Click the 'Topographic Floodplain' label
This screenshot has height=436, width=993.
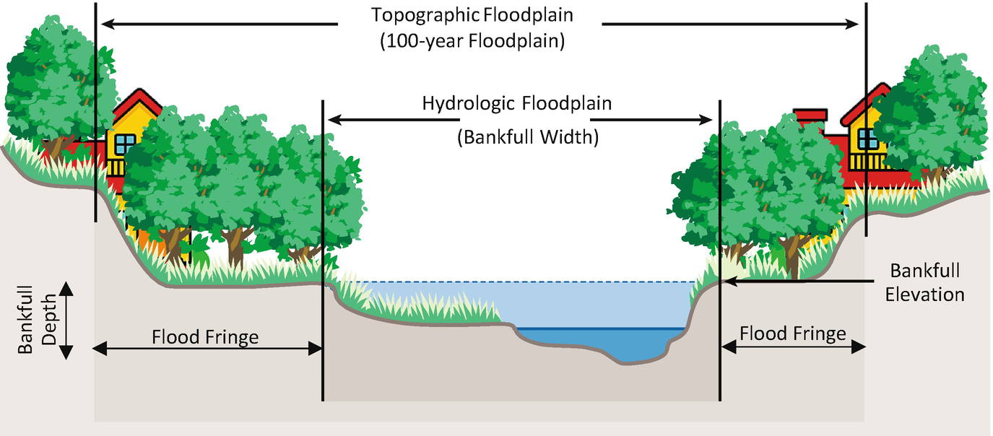(471, 15)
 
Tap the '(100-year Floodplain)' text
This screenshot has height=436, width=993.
(471, 42)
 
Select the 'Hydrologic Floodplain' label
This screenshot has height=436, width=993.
(516, 103)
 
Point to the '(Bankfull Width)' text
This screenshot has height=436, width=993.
(527, 137)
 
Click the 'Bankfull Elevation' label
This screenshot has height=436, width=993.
(927, 282)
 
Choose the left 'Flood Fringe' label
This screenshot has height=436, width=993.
(205, 337)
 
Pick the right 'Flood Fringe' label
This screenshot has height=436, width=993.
(792, 334)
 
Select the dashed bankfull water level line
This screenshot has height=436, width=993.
(506, 282)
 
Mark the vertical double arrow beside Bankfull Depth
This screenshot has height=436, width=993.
(66, 321)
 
